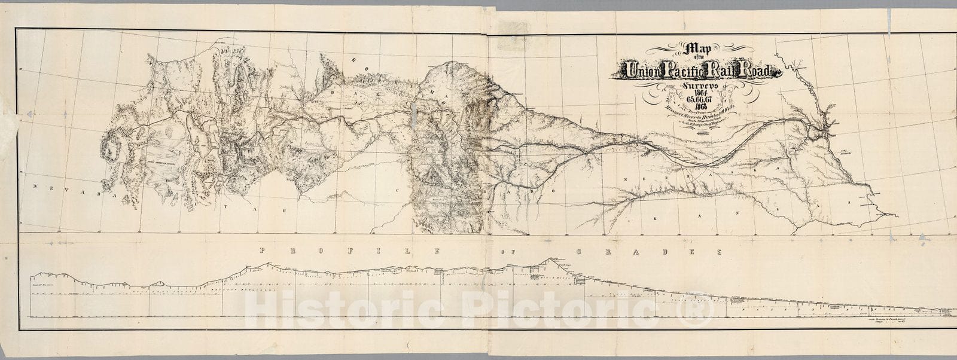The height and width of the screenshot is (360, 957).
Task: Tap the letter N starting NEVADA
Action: click(x=36, y=187)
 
